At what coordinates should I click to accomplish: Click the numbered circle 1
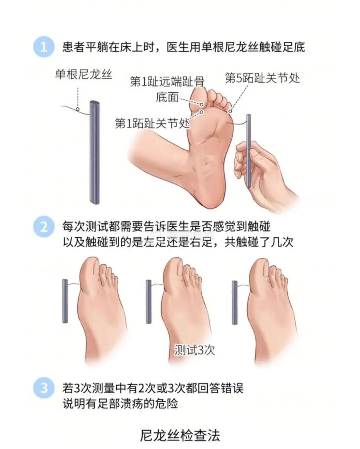[44, 47]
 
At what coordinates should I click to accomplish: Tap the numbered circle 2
[44, 227]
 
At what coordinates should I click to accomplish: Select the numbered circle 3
[44, 388]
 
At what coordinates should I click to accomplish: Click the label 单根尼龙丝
[83, 74]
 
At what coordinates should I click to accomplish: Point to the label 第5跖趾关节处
[262, 78]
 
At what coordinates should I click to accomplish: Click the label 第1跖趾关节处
[152, 123]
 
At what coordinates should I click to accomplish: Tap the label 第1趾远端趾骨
[167, 81]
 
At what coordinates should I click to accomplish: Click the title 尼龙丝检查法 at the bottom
[180, 435]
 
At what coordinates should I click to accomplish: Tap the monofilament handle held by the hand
[249, 150]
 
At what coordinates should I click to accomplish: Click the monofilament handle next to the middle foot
[149, 301]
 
